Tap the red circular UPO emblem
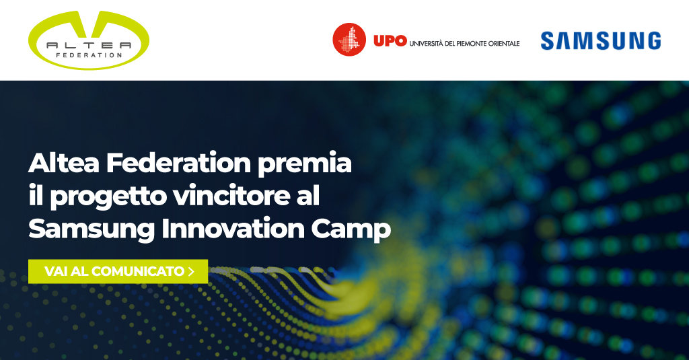pyautogui.click(x=349, y=40)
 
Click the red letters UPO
pyautogui.click(x=390, y=41)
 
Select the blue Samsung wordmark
pyautogui.click(x=601, y=40)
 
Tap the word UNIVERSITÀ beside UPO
pyautogui.click(x=426, y=43)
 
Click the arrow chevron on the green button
pyautogui.click(x=190, y=272)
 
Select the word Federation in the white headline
pyautogui.click(x=178, y=163)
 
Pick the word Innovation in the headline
pyautogui.click(x=233, y=229)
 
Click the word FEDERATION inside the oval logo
pyautogui.click(x=89, y=55)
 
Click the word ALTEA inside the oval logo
pyautogui.click(x=89, y=45)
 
